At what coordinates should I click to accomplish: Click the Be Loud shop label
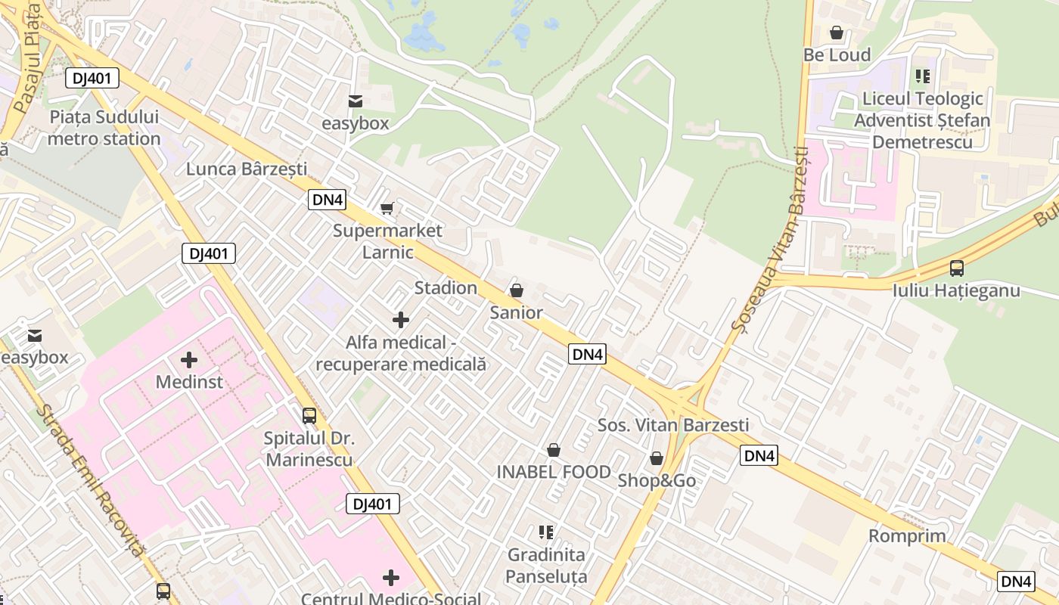coord(837,55)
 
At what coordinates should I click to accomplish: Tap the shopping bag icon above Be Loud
coord(837,33)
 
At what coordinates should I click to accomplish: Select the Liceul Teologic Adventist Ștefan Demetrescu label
coord(922,120)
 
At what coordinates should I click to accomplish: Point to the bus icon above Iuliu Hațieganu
coord(956,268)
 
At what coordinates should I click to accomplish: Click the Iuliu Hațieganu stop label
coord(956,290)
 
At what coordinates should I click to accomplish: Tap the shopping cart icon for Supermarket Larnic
coord(387,208)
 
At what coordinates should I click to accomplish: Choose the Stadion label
coord(446,288)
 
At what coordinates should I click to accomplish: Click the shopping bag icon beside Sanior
coord(517,290)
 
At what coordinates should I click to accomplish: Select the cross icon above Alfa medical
coord(401,320)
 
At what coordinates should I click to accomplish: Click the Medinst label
coord(189,382)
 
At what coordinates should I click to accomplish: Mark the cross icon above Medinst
coord(189,359)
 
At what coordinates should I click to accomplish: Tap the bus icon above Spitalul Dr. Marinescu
coord(309,415)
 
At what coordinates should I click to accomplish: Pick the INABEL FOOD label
coord(554,473)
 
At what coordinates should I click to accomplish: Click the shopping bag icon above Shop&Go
coord(657,458)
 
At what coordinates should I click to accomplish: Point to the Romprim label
coord(907,536)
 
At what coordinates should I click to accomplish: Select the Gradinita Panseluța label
coord(546,566)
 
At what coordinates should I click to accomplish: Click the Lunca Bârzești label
coord(247,169)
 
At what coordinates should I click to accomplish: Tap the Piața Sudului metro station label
coord(104,128)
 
